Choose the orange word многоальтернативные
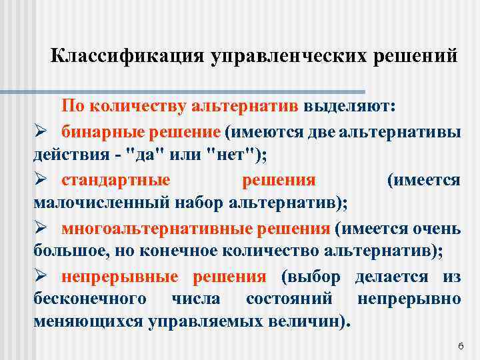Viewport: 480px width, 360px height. [x=157, y=229]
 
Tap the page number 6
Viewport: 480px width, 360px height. [x=460, y=346]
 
